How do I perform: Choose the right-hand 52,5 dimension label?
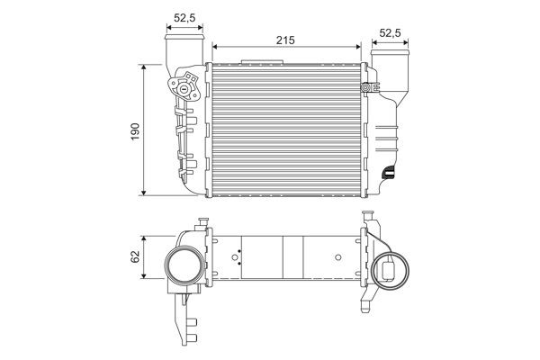click(x=391, y=33)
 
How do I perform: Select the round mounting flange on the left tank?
click(x=184, y=89)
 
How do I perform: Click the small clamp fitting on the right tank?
click(x=366, y=87)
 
